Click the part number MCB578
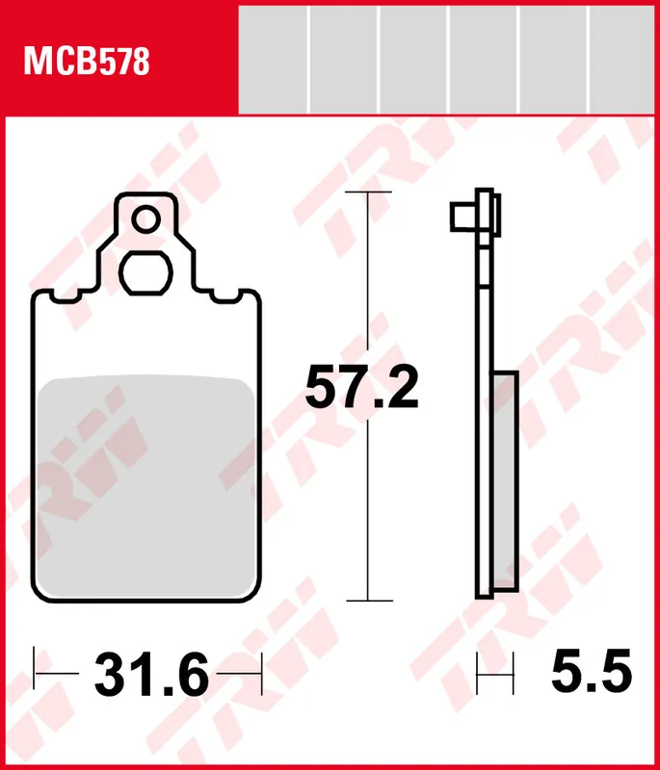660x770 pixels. coord(87,64)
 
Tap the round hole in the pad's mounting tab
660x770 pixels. coord(145,220)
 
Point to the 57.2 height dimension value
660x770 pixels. coord(361,388)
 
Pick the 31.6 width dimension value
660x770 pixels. coord(151,676)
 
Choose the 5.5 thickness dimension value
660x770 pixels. coord(591,671)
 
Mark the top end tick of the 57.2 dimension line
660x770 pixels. coord(369,192)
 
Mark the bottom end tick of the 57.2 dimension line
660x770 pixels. coord(369,601)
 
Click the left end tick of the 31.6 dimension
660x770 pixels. coord(35,664)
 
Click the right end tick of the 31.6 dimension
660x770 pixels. coord(261,664)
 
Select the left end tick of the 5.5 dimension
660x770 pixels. coord(479,671)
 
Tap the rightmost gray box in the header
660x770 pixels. coord(624,58)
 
